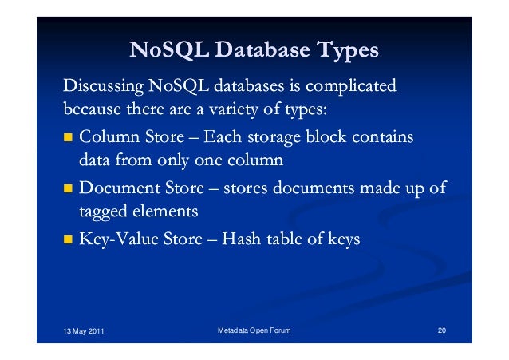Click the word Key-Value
(x=116, y=239)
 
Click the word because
(x=91, y=108)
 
